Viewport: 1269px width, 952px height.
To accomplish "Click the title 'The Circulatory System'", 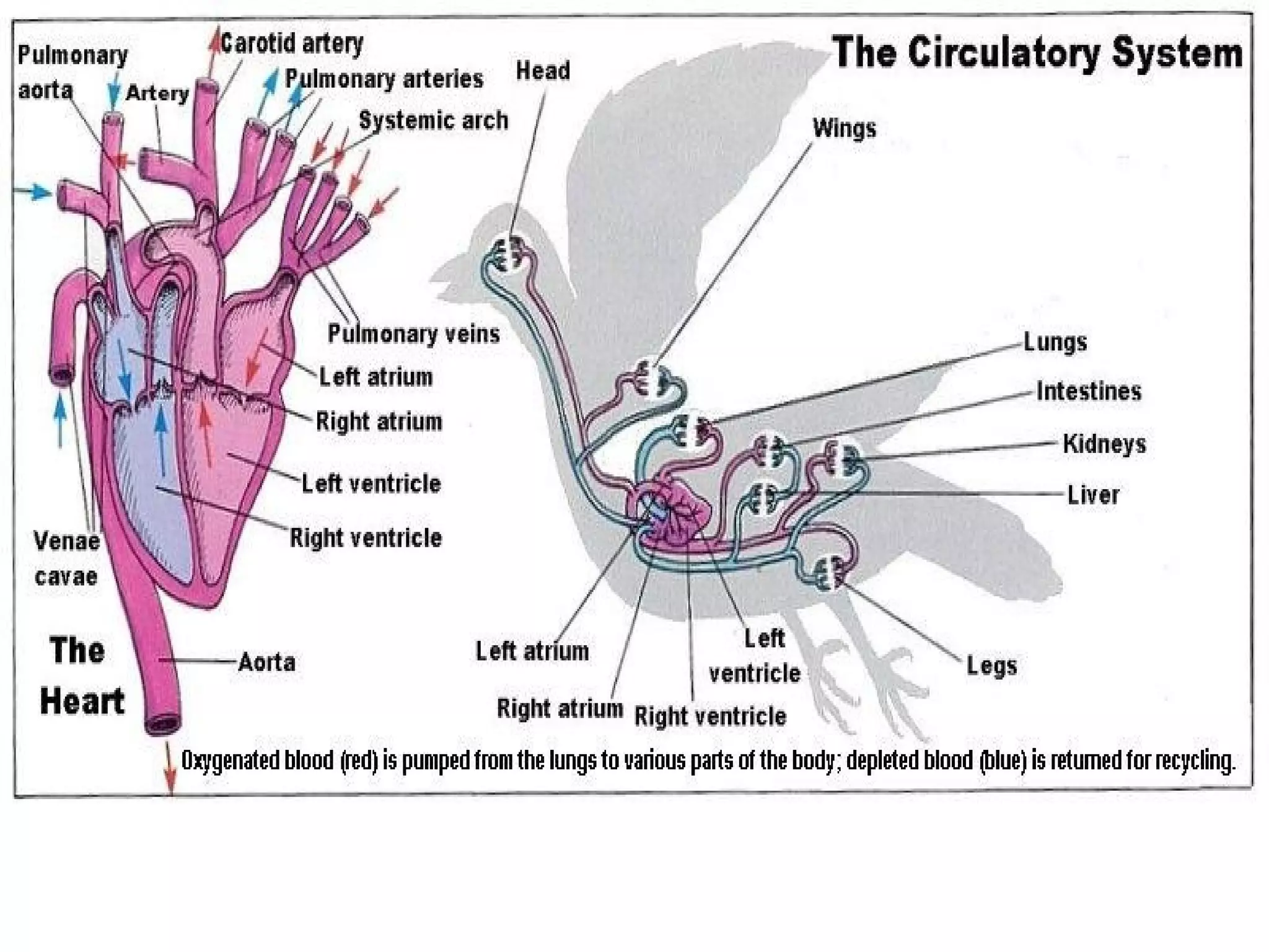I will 1037,53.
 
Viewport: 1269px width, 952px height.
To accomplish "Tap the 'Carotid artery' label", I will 291,43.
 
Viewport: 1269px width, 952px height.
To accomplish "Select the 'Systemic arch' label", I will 433,120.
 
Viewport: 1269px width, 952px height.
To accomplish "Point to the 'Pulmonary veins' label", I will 413,334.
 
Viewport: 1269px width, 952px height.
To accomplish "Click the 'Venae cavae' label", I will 66,558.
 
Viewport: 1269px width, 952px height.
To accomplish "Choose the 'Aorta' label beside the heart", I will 266,662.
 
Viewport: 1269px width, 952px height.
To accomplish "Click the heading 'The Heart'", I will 81,676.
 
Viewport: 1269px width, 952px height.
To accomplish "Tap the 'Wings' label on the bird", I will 844,129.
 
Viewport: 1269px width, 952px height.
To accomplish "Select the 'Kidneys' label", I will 1104,444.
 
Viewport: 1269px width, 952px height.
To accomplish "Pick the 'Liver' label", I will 1092,495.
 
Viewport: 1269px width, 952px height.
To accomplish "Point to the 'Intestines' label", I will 1089,391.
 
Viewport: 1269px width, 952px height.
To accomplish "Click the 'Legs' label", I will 991,666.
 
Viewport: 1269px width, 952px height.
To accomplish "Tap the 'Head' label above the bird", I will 543,71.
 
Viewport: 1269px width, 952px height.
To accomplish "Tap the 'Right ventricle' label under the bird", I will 710,716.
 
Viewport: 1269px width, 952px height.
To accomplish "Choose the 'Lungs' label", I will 1055,342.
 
